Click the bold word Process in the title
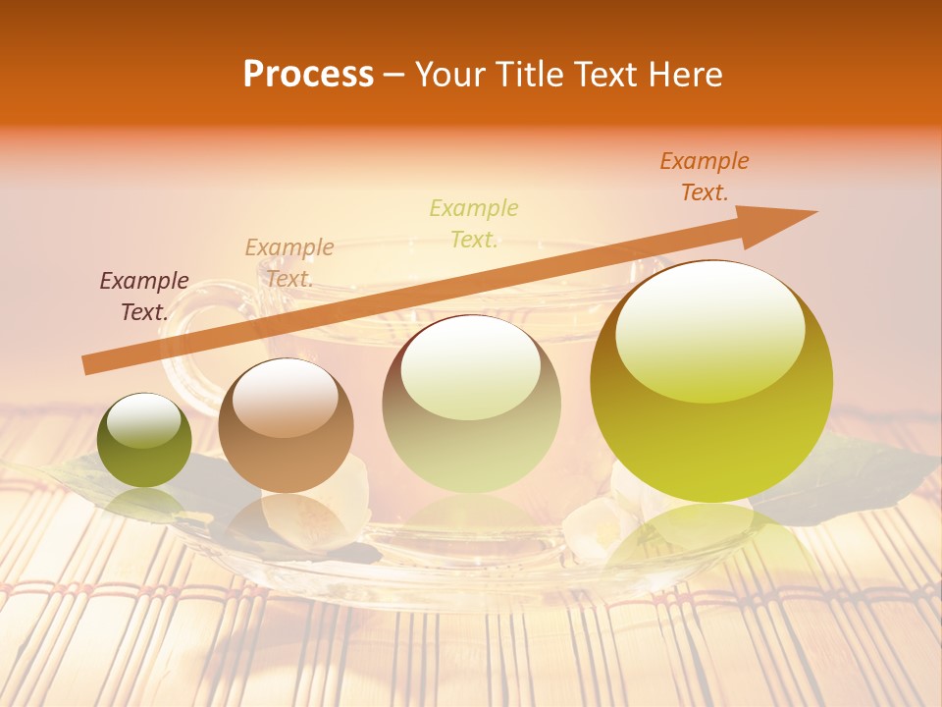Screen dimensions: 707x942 (x=308, y=75)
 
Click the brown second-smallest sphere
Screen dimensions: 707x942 (x=286, y=426)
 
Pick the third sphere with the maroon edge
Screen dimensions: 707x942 (x=471, y=404)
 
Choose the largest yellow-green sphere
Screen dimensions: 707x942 (x=711, y=381)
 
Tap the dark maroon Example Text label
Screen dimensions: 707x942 (x=144, y=296)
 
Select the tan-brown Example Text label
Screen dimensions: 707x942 (x=289, y=262)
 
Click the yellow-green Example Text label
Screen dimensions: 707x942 (x=474, y=223)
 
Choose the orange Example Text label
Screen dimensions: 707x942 (x=705, y=176)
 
